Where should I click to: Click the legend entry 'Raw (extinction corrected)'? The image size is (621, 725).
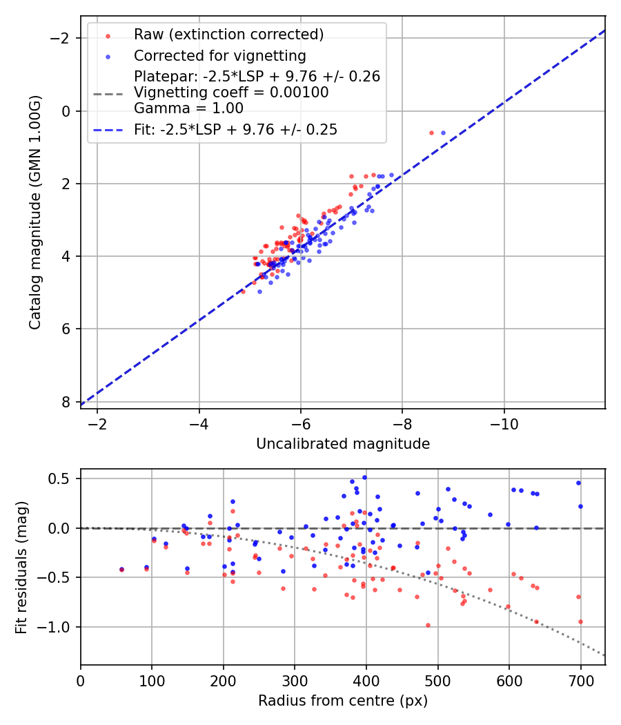point(228,35)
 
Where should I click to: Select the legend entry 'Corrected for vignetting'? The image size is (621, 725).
point(219,55)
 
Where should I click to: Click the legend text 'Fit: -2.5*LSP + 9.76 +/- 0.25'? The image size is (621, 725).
point(235,129)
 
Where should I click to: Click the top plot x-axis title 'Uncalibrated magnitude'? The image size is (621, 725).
point(343,444)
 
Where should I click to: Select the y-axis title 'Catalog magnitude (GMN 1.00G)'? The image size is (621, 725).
point(36,212)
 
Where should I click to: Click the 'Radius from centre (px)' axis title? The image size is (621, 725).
point(343,701)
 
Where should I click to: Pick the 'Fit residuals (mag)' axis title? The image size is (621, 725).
point(21,567)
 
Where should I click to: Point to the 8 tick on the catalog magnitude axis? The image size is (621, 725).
point(68,402)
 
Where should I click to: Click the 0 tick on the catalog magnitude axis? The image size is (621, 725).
point(68,111)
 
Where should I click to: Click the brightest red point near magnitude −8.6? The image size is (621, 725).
point(431,133)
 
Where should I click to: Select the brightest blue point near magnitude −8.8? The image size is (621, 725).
point(443,133)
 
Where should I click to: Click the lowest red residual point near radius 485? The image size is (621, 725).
point(428,625)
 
